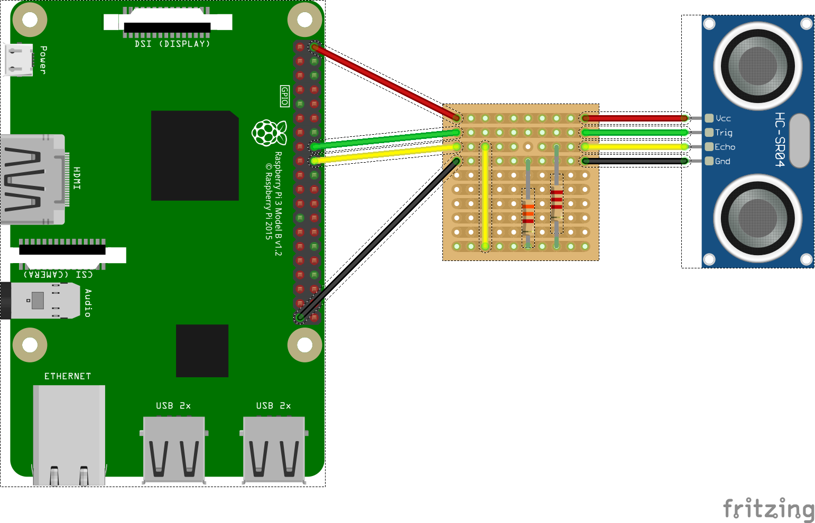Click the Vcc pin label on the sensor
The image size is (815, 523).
723,118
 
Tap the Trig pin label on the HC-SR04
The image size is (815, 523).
724,133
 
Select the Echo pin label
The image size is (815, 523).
725,147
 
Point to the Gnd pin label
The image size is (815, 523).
723,161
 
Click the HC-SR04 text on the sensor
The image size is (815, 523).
780,139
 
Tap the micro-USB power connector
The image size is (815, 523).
19,59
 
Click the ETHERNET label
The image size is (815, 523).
67,376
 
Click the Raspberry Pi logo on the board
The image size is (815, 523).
269,133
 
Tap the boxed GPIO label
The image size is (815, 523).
285,96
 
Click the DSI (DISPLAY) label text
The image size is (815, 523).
172,44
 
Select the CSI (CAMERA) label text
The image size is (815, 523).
58,275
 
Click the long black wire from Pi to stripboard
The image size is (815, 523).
378,239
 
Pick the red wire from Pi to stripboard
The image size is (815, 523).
386,82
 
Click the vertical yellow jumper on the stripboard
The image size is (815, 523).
485,195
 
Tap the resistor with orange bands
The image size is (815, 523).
528,214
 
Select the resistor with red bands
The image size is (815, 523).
557,199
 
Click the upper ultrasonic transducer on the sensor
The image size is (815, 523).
757,66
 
